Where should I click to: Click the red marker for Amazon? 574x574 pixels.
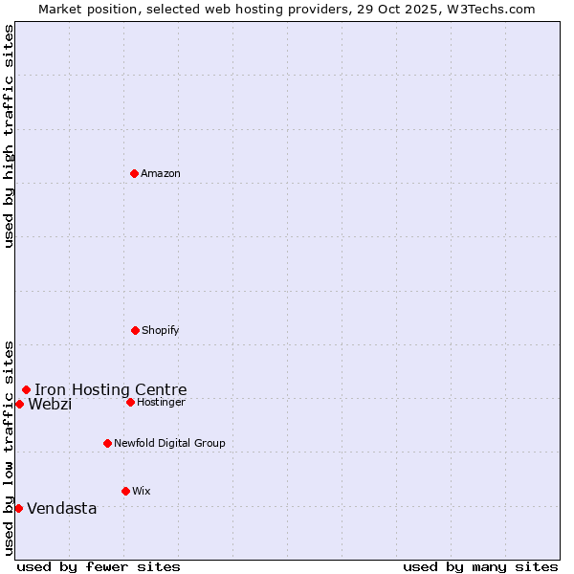pos(134,173)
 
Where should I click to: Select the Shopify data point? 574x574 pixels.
pos(135,330)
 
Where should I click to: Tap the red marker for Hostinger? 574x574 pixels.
pos(130,402)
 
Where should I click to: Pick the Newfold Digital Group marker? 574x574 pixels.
pos(107,443)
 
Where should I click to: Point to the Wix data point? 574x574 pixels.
pos(125,491)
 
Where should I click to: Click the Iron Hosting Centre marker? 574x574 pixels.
pos(26,389)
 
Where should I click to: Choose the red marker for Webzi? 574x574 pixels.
pos(19,404)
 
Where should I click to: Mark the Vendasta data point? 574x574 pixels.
pos(18,508)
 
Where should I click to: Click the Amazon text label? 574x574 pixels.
pos(161,173)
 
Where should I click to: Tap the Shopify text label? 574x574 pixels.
pos(161,330)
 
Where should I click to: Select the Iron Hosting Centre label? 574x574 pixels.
pos(111,389)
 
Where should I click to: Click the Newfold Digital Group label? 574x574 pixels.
pos(169,443)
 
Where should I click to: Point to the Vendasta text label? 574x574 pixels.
pos(62,508)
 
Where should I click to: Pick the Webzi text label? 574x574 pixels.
pos(50,404)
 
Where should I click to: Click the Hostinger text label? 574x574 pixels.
pos(161,402)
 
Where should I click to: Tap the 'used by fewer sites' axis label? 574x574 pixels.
pos(99,566)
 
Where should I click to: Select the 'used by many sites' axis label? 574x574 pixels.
pos(480,566)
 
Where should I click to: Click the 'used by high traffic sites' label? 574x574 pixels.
pos(9,136)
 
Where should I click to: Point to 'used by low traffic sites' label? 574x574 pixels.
pos(9,448)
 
